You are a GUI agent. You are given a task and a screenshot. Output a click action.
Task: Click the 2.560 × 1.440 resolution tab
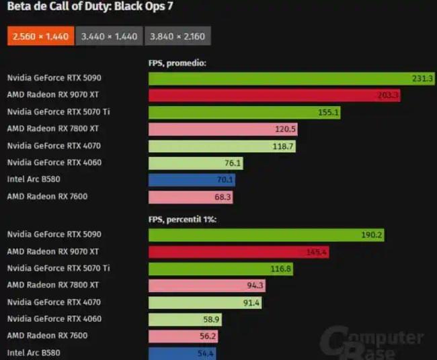(40, 36)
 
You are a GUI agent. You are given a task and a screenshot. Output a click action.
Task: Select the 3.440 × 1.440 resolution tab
(109, 36)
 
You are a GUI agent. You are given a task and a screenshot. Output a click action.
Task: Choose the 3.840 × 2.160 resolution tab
(177, 36)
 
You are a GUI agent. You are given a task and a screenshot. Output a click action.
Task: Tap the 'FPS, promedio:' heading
(177, 63)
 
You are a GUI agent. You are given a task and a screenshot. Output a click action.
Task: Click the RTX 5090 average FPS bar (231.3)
(282, 79)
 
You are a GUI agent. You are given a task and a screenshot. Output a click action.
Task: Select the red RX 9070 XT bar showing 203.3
(269, 95)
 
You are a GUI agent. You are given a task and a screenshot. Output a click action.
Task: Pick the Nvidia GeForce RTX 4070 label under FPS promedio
(54, 146)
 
